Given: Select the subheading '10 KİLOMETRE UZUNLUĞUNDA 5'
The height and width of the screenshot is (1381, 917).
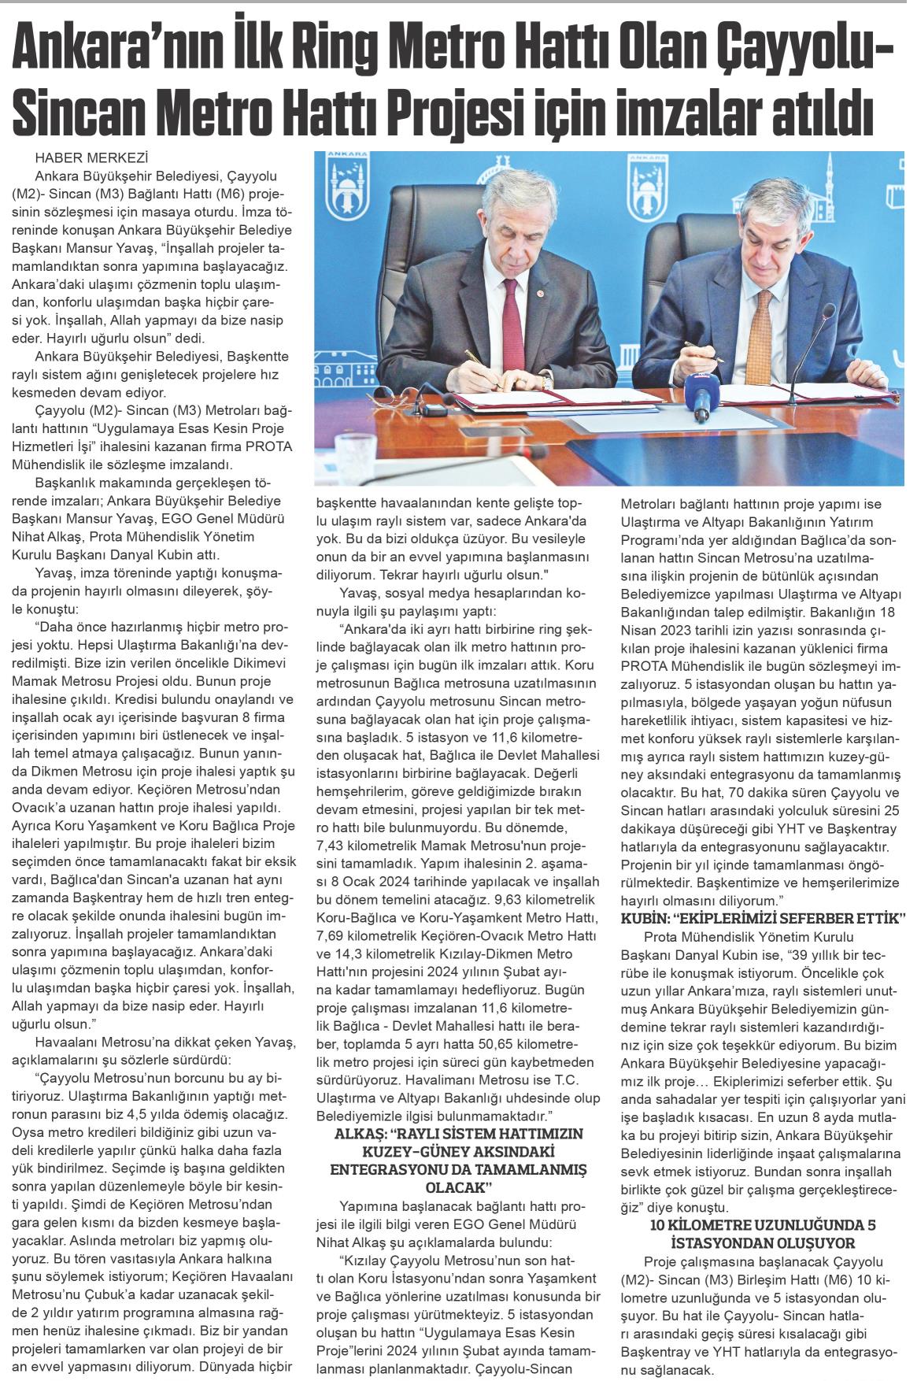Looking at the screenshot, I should [763, 1226].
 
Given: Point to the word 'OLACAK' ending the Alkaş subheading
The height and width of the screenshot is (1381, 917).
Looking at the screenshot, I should [449, 1186].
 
